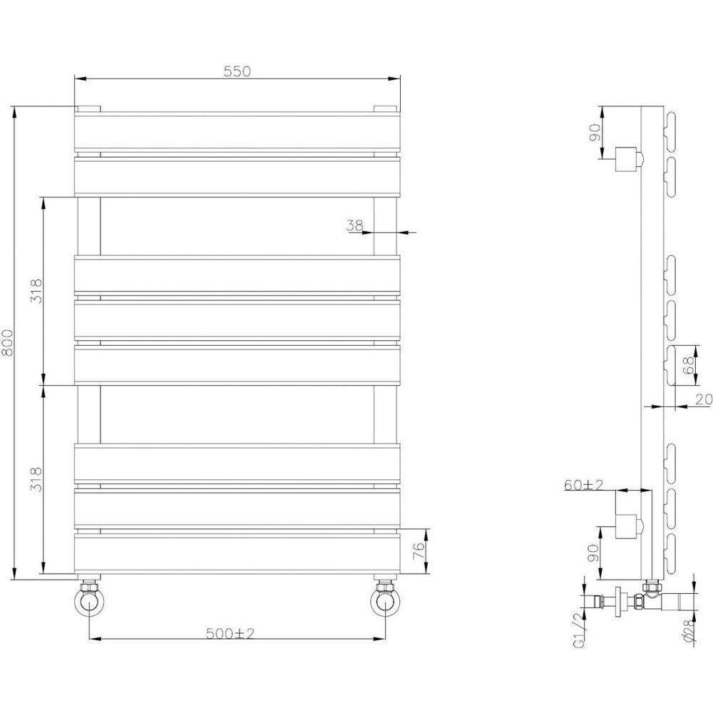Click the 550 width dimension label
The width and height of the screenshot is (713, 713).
pyautogui.click(x=237, y=71)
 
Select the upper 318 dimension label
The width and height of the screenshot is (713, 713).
pyautogui.click(x=37, y=291)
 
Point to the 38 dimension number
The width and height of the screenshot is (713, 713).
pyautogui.click(x=354, y=225)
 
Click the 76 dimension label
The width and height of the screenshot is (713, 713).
pyautogui.click(x=419, y=550)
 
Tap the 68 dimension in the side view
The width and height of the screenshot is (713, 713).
pyautogui.click(x=688, y=365)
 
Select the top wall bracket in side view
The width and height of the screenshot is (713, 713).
pyautogui.click(x=628, y=158)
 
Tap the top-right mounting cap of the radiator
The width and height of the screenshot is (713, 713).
pyautogui.click(x=386, y=109)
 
